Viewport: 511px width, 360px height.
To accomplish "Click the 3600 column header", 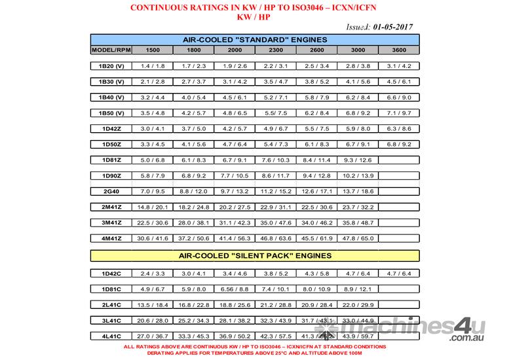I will (x=399, y=50).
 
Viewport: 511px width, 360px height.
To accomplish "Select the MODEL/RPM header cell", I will (x=109, y=50).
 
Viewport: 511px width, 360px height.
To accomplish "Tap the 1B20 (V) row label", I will (x=109, y=65).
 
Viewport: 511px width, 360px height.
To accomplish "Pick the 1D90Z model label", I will (x=109, y=175).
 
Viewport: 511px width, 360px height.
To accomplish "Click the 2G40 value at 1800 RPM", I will (x=195, y=191).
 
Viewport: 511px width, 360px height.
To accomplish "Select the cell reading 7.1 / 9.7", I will (x=399, y=113).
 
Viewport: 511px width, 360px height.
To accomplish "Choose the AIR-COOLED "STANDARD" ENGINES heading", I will (x=255, y=40).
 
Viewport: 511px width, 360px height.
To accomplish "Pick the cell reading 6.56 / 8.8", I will (x=235, y=289).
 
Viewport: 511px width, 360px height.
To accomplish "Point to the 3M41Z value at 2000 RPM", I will (x=235, y=223).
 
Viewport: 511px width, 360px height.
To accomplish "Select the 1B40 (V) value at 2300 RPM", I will (x=276, y=97).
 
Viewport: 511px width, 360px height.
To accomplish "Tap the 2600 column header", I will (x=317, y=50).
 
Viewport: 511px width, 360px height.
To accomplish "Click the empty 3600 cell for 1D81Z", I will (x=399, y=160).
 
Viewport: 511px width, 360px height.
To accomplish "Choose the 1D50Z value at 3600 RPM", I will (x=399, y=144).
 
